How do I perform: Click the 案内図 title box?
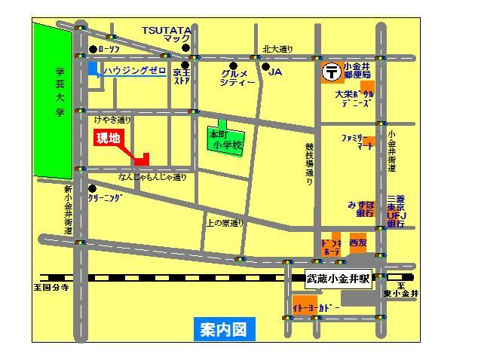tap(223, 328)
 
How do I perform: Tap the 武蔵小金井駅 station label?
tap(339, 278)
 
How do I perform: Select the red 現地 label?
tap(108, 139)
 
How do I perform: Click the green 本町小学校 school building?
tap(225, 139)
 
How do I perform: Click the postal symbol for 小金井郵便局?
tap(330, 72)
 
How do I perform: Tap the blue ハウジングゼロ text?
tap(136, 70)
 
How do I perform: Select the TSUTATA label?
tap(167, 29)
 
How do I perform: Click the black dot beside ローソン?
tap(93, 50)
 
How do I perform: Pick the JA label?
tap(275, 72)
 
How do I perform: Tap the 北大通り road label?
tap(277, 49)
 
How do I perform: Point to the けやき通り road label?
tap(112, 120)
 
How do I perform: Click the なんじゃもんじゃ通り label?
tap(152, 178)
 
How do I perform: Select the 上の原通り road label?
tap(225, 223)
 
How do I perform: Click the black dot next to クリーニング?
tap(92, 188)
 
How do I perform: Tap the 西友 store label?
tap(357, 244)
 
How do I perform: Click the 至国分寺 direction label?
tap(51, 287)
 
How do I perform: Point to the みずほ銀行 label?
tap(361, 209)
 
